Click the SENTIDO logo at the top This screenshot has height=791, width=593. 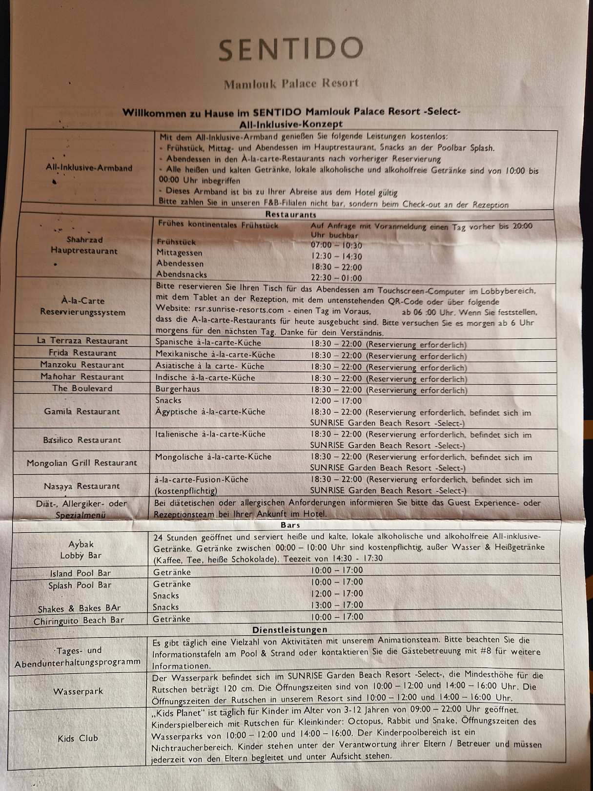coord(291,49)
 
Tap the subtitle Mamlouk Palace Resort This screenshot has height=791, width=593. coord(291,83)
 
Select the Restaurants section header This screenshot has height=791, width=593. coord(290,214)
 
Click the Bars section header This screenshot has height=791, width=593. coord(290,525)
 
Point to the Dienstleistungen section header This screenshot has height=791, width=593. coord(289,630)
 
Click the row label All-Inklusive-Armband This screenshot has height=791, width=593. coord(89,168)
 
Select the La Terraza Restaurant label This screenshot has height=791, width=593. coord(82,341)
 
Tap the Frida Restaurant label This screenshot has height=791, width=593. coord(82,353)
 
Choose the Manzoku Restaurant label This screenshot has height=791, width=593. coord(82,365)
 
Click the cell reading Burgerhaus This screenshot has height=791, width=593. coord(178,389)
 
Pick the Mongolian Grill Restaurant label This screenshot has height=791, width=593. coord(82,463)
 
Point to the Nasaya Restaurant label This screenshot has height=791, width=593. coord(82,486)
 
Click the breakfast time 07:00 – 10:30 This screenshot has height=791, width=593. coord(336,246)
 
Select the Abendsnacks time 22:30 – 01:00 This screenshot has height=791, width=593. coord(336,278)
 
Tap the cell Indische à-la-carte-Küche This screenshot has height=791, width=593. coord(205,377)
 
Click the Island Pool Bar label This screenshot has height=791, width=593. coord(80,573)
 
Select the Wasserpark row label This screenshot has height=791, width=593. coord(78,691)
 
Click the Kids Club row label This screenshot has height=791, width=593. coord(78,738)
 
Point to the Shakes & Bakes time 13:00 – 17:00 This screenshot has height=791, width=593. coord(337,605)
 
